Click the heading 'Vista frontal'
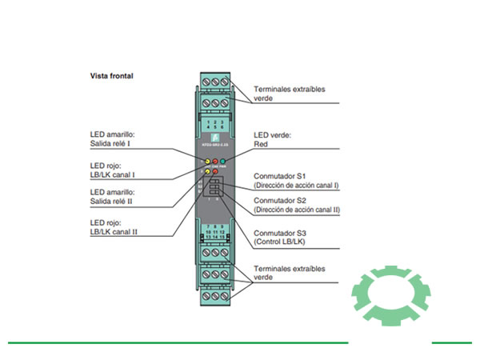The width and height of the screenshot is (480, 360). [111, 77]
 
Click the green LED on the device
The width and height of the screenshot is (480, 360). [223, 161]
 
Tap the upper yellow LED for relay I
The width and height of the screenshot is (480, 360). [207, 161]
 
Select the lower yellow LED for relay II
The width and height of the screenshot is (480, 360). [207, 171]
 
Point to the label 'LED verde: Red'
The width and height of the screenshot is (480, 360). [271, 142]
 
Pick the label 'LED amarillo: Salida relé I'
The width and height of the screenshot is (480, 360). [113, 142]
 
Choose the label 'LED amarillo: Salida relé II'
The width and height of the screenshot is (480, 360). [113, 197]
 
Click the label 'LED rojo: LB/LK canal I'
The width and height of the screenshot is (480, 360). [111, 170]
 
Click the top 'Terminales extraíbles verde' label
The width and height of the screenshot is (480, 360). [289, 94]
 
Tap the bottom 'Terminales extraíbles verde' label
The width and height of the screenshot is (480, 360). [289, 274]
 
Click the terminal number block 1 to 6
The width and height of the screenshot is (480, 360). [214, 124]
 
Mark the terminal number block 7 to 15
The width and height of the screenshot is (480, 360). [214, 234]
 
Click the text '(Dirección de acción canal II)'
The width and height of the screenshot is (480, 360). [297, 210]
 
